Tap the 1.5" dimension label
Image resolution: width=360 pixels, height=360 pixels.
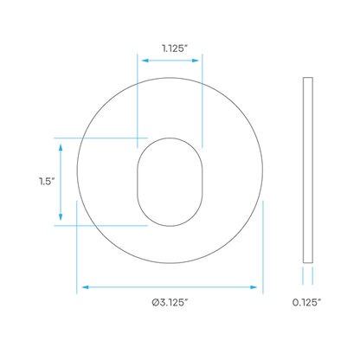click(x=47, y=182)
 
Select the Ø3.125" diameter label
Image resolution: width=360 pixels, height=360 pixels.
click(x=170, y=302)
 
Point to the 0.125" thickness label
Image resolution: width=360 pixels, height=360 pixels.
click(x=306, y=302)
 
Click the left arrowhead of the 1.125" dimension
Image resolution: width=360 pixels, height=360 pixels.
click(x=145, y=61)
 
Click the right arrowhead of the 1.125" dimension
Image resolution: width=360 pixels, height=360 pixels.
click(x=196, y=61)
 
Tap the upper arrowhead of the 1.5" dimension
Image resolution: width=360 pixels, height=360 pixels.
click(x=61, y=147)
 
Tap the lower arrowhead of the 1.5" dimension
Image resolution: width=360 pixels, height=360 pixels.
click(x=61, y=217)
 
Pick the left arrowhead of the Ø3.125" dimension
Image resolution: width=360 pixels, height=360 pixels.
click(x=86, y=287)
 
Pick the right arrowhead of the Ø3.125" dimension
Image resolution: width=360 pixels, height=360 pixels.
click(x=254, y=287)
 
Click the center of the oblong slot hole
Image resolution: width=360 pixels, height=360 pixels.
click(x=170, y=182)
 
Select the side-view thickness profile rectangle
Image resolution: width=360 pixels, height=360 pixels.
click(x=308, y=170)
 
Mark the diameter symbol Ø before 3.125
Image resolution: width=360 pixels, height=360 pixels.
click(x=156, y=302)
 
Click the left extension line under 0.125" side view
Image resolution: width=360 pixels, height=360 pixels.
click(x=303, y=276)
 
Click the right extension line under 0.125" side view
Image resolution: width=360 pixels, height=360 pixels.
click(x=312, y=276)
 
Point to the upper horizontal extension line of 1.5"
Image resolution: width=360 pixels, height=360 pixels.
click(x=101, y=138)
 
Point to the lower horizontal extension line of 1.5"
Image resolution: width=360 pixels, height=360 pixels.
click(x=101, y=226)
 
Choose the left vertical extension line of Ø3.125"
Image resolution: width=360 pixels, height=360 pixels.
click(x=77, y=247)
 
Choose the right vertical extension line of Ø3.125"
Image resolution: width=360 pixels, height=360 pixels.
click(x=263, y=247)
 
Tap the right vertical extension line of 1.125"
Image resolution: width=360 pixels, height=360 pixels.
click(x=202, y=101)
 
